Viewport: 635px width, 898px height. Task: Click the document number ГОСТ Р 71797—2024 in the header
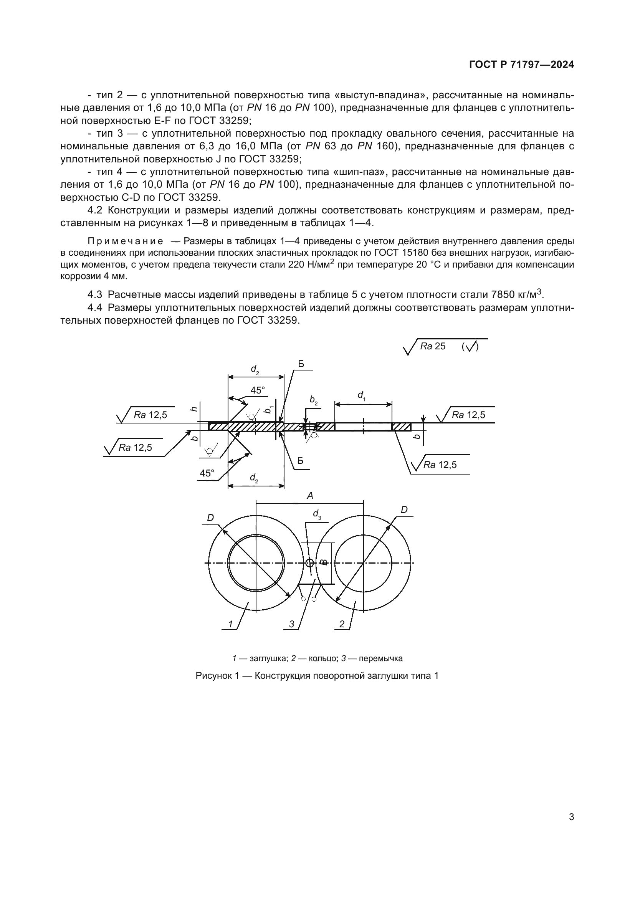click(x=521, y=65)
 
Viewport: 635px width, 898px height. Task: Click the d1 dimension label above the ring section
click(x=361, y=395)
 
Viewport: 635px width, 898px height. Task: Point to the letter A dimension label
click(x=310, y=496)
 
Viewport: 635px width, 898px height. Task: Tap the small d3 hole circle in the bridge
click(x=310, y=563)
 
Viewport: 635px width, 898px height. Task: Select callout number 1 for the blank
click(x=231, y=624)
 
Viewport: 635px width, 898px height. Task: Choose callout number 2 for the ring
click(x=342, y=624)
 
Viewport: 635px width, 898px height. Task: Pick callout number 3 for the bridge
click(x=292, y=624)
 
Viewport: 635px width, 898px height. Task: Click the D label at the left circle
click(x=210, y=518)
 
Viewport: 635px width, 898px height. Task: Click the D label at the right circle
click(x=404, y=509)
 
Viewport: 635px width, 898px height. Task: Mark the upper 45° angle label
click(x=258, y=390)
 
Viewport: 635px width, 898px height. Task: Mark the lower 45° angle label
click(x=207, y=473)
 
